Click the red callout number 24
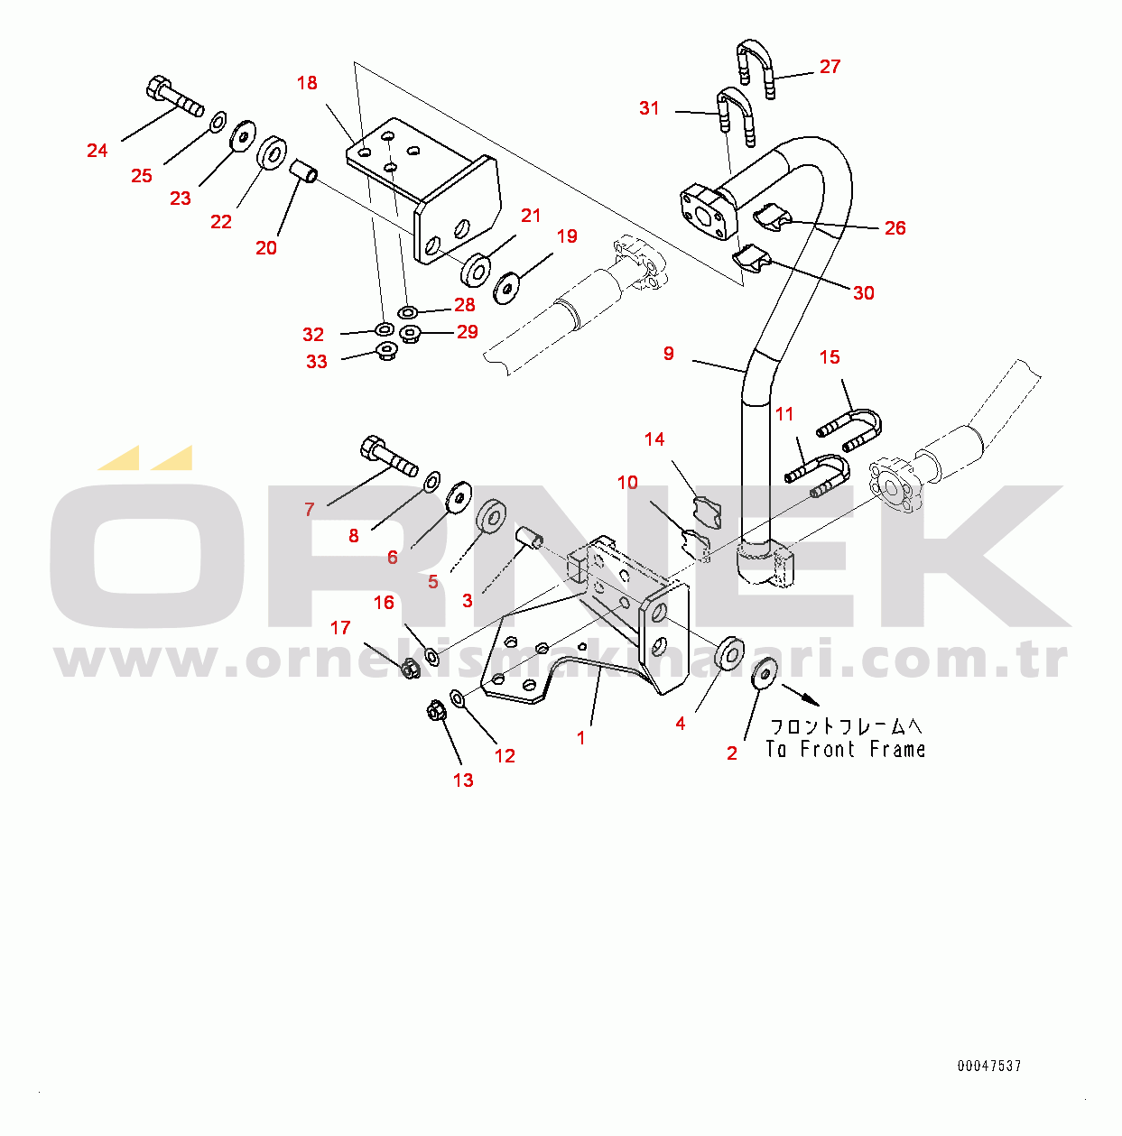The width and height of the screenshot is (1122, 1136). (x=97, y=151)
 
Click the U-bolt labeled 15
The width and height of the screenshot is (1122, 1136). (x=851, y=429)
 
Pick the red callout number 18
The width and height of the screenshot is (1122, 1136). (x=307, y=83)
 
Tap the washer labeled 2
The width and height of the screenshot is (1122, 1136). (x=765, y=673)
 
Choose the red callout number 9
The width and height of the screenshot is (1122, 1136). (x=668, y=354)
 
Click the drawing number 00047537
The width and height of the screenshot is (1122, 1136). (x=989, y=1066)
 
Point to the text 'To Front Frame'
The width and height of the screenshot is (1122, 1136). (x=846, y=749)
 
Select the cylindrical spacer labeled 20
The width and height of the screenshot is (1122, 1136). (x=303, y=171)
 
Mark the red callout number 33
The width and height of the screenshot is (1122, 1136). (x=316, y=362)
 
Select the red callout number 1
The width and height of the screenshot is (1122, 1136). (x=580, y=737)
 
